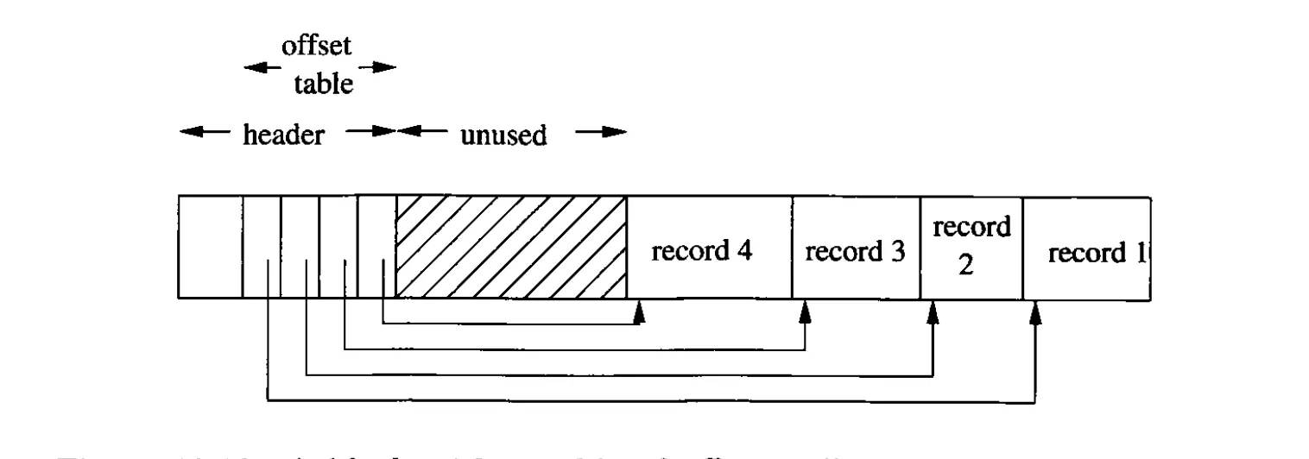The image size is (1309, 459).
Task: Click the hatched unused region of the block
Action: [x=510, y=247]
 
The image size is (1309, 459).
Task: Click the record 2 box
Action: [x=971, y=247]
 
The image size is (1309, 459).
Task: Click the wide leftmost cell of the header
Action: [x=210, y=247]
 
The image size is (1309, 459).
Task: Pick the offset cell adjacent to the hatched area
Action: [x=376, y=247]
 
